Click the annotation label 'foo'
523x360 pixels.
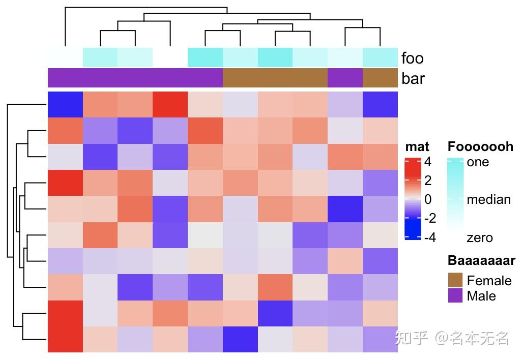412,58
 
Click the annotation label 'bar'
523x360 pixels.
413,79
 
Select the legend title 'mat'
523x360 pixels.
417,147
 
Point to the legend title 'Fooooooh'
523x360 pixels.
480,147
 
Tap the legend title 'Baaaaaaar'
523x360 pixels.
481,261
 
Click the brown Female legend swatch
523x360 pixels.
455,280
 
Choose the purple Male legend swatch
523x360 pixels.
455,295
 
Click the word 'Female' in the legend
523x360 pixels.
489,280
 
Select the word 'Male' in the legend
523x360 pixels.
481,295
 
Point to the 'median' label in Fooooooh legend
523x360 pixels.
488,199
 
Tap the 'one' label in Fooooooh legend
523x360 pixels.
478,162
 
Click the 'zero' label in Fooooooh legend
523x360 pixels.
480,237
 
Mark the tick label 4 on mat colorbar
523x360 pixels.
427,162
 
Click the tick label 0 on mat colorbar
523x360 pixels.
427,199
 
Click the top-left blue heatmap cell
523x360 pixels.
65,104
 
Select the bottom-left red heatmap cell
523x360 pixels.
65,339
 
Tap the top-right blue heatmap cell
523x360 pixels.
380,104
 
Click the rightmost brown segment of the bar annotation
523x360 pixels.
380,78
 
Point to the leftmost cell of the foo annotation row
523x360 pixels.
65,57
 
